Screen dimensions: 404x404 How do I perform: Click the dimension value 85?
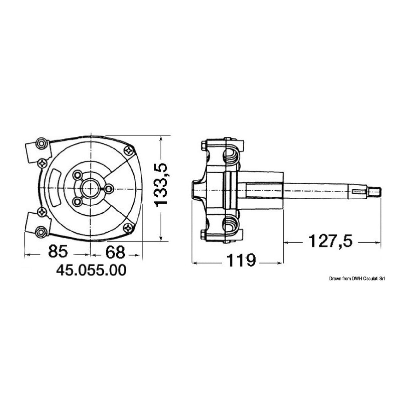point(58,252)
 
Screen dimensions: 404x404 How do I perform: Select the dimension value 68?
point(115,252)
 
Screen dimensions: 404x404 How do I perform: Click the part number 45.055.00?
point(91,270)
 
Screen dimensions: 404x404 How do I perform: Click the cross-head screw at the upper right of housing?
point(128,151)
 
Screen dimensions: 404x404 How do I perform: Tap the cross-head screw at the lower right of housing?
point(128,227)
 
